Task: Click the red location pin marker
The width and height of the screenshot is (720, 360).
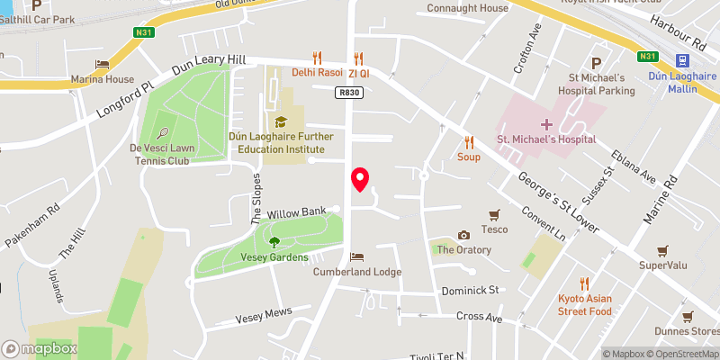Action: point(361,179)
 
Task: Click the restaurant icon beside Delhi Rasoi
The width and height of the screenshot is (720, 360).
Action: point(316,58)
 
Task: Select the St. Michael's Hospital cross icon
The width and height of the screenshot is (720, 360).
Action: point(546,123)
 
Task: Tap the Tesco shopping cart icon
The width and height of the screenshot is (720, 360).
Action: point(494,214)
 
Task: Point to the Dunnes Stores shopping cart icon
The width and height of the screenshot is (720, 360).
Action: point(688,317)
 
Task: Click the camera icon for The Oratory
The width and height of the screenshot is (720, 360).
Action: point(463,235)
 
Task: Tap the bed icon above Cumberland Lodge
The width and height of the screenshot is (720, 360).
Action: point(356,256)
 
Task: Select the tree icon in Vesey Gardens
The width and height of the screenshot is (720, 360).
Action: point(274,241)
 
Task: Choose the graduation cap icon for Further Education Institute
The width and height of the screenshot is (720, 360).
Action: point(281,121)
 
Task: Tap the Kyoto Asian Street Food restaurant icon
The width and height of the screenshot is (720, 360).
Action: point(584,283)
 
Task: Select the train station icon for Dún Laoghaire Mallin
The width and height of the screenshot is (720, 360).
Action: point(683,60)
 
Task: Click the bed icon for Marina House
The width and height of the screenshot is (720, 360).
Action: point(102,64)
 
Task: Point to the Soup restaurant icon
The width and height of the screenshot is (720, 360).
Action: point(468,141)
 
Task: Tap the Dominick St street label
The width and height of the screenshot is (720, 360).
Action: point(470,291)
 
